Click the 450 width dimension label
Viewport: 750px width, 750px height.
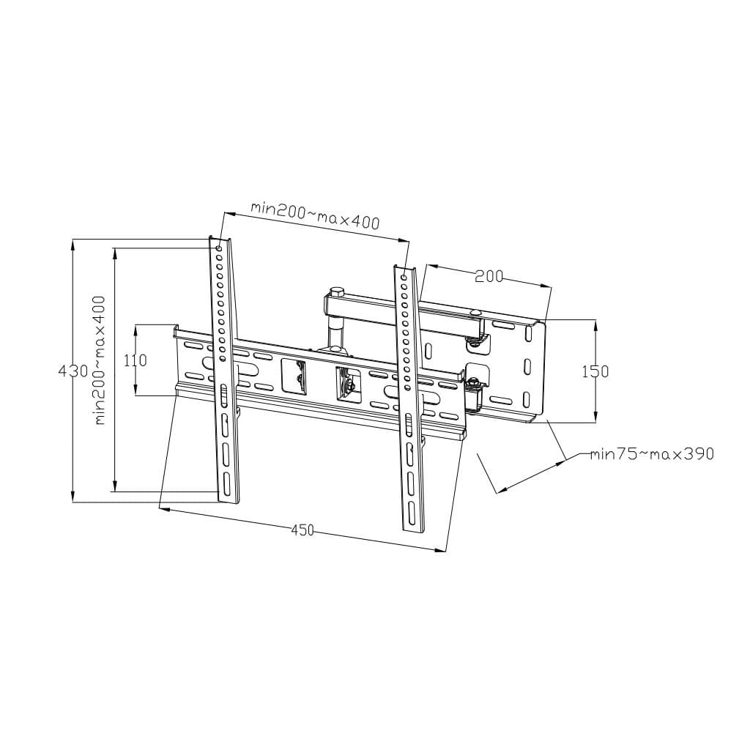pyautogui.click(x=302, y=530)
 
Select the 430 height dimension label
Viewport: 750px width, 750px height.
pyautogui.click(x=73, y=371)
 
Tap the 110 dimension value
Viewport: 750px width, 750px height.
pyautogui.click(x=135, y=360)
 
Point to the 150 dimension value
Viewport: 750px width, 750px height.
pyautogui.click(x=595, y=371)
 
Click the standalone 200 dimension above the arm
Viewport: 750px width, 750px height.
pyautogui.click(x=489, y=276)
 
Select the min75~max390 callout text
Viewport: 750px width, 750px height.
pyautogui.click(x=652, y=453)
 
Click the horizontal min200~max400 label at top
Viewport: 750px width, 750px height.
pyautogui.click(x=315, y=216)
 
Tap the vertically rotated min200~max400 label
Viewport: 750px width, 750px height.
pyautogui.click(x=99, y=360)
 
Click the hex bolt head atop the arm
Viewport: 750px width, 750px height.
pyautogui.click(x=336, y=292)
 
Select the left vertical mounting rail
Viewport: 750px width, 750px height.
pyautogui.click(x=225, y=371)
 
